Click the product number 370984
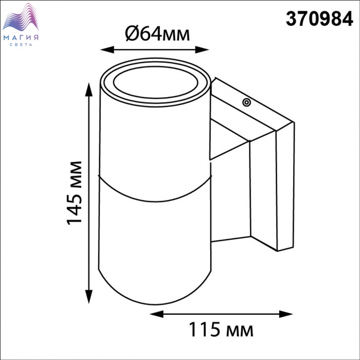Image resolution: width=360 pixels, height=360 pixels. (319, 19)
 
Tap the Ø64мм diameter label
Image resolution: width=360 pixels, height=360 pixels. (157, 34)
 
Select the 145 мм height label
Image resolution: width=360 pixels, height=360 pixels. (75, 193)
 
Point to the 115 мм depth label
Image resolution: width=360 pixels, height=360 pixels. (221, 330)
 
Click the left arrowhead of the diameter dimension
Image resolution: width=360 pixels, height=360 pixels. (107, 49)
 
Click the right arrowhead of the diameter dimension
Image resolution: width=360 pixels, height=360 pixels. (202, 49)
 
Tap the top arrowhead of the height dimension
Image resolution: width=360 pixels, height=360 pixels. (88, 89)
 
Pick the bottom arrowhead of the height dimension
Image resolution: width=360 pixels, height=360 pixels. (88, 296)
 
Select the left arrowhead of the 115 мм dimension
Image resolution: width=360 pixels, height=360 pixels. (156, 314)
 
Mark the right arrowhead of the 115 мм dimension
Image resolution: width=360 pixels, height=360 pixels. (286, 314)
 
